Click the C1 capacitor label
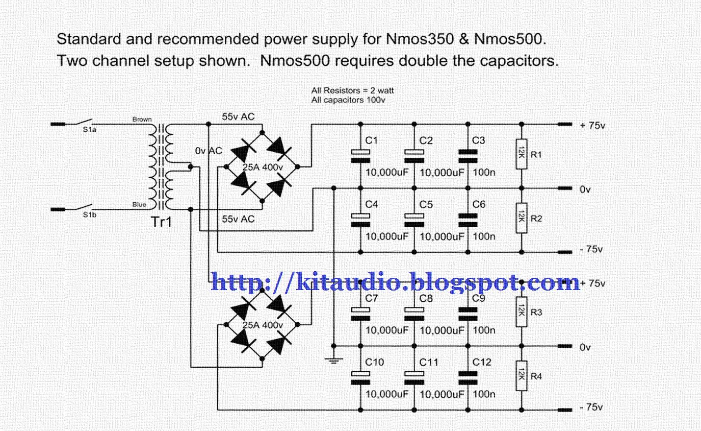pyautogui.click(x=372, y=140)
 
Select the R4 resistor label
pyautogui.click(x=536, y=376)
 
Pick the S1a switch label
pyautogui.click(x=90, y=130)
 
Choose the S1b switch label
pyautogui.click(x=90, y=215)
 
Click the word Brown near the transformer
pyautogui.click(x=142, y=119)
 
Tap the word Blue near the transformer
pyautogui.click(x=139, y=205)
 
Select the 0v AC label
pyautogui.click(x=209, y=151)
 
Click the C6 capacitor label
pyautogui.click(x=479, y=204)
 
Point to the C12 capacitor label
pyautogui.click(x=482, y=362)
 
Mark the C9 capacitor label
pyautogui.click(x=479, y=298)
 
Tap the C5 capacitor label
pyautogui.click(x=426, y=204)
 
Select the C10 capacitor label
pyautogui.click(x=375, y=362)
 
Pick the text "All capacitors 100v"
pyautogui.click(x=348, y=100)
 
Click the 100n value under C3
pyautogui.click(x=484, y=173)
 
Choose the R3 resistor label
pyautogui.click(x=536, y=313)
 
